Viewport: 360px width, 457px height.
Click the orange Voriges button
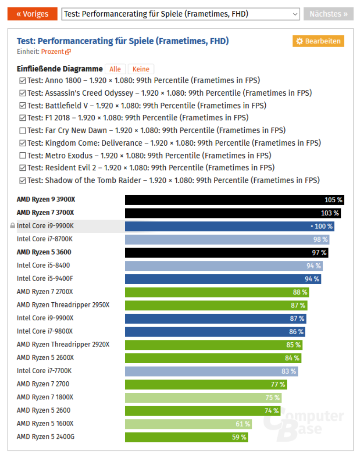point(32,14)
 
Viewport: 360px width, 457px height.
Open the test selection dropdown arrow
point(294,14)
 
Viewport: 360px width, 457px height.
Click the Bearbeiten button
point(318,41)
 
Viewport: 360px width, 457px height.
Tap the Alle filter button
point(115,70)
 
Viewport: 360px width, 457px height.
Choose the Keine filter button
point(141,70)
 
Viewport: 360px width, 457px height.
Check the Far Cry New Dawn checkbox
point(22,130)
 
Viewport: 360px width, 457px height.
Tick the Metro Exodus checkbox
point(22,156)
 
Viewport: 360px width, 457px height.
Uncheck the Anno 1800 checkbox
point(22,80)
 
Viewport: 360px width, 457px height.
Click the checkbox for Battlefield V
point(22,106)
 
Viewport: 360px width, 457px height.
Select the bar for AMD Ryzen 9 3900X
point(233,200)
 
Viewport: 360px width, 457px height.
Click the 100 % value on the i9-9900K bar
point(323,227)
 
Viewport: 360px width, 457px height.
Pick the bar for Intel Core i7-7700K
point(211,371)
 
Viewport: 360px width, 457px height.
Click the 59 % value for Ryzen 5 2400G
point(239,437)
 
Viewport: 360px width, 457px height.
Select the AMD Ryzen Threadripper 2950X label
point(63,305)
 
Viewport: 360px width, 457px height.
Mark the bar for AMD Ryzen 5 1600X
point(188,424)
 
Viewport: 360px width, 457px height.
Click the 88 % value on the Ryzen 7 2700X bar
point(300,292)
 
